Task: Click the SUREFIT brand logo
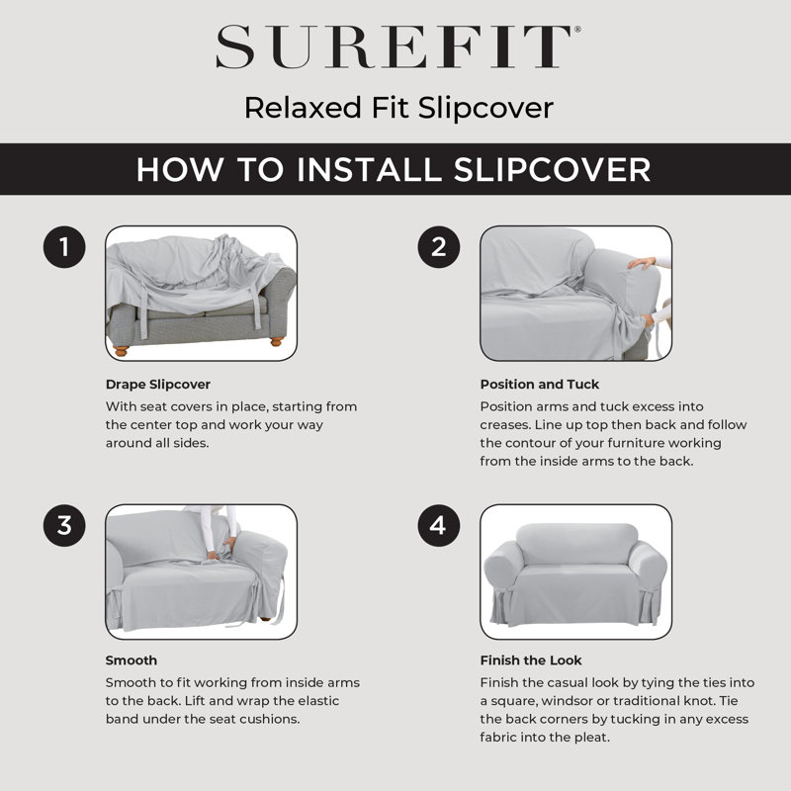[395, 47]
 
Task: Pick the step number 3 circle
[65, 525]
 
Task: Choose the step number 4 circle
[439, 525]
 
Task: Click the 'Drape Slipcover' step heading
[158, 384]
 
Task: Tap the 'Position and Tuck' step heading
[539, 384]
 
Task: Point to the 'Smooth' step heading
[132, 660]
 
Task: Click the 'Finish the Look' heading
[531, 660]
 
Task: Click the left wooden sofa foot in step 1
[121, 349]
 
